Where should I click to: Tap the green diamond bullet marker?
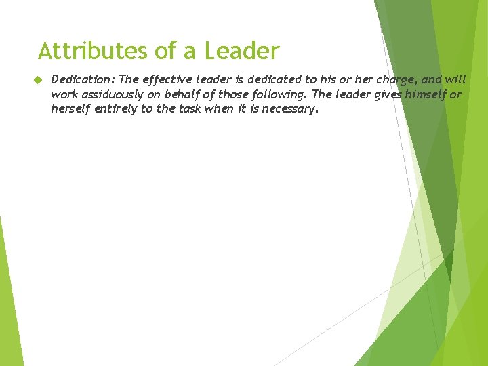tap(39, 80)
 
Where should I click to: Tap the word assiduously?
tap(108, 94)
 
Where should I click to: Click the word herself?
tap(72, 108)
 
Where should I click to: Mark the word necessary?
tap(289, 108)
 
